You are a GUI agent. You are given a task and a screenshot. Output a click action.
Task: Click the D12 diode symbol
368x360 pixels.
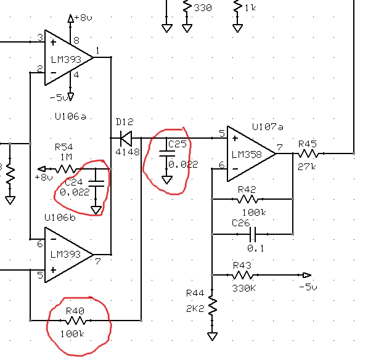click(126, 138)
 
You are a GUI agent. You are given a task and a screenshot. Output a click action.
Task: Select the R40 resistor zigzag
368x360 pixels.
click(76, 321)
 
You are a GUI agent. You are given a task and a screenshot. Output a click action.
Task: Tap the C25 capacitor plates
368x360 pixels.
click(167, 153)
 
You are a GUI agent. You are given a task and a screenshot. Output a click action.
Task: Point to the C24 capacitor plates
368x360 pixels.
click(96, 184)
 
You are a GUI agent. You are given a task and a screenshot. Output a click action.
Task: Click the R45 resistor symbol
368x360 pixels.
click(308, 154)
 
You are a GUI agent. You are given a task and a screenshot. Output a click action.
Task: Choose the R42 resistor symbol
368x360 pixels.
click(247, 199)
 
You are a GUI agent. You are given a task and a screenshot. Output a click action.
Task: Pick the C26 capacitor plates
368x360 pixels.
click(253, 234)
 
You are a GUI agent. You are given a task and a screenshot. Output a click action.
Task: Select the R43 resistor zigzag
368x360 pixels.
click(242, 275)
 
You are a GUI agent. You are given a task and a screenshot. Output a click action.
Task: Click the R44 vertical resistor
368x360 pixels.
click(213, 305)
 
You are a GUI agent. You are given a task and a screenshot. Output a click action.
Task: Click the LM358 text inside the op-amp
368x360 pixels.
click(247, 155)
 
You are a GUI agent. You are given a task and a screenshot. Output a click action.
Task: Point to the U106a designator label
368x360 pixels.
click(70, 117)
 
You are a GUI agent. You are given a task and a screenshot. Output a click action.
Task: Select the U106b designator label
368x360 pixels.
click(60, 218)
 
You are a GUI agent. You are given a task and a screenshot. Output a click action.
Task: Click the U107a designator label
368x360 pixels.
click(268, 127)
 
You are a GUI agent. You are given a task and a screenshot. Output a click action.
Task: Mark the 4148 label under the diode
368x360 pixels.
click(128, 152)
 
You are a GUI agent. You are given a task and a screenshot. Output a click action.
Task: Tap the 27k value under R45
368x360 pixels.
click(307, 167)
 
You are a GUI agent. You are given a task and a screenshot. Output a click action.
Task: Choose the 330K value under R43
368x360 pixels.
click(244, 288)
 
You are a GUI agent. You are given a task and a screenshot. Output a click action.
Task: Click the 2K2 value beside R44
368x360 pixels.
click(195, 308)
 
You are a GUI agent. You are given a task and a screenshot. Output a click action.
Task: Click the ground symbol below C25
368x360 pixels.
click(167, 180)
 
